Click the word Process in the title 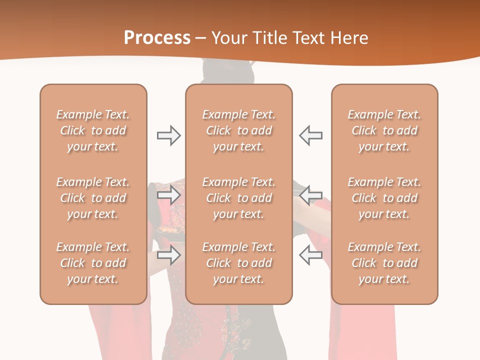[157, 38]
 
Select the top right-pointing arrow [168, 135]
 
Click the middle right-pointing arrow [168, 194]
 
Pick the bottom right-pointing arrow [168, 255]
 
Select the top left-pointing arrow [310, 135]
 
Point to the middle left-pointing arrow [310, 194]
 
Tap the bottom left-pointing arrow [310, 255]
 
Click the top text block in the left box [93, 130]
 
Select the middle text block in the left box [93, 198]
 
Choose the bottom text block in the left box [93, 263]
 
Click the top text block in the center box [239, 130]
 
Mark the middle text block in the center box [239, 198]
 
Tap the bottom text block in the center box [239, 263]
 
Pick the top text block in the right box [384, 130]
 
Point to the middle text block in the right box [384, 198]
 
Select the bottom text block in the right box [384, 263]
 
